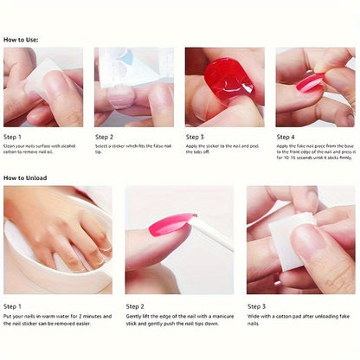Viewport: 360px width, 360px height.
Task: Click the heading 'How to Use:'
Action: coord(21,40)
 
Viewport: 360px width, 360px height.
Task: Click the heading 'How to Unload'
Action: coord(25,177)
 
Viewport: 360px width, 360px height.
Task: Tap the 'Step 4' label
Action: coord(286,137)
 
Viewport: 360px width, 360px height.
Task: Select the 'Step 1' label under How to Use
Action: coord(13,137)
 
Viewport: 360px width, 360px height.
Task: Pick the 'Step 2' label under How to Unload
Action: coord(135,305)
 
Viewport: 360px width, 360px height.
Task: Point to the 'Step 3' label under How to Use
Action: coord(195,137)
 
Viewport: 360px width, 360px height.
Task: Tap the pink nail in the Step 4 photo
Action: coord(309,82)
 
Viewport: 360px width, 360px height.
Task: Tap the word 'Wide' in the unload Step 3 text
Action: coord(254,317)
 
